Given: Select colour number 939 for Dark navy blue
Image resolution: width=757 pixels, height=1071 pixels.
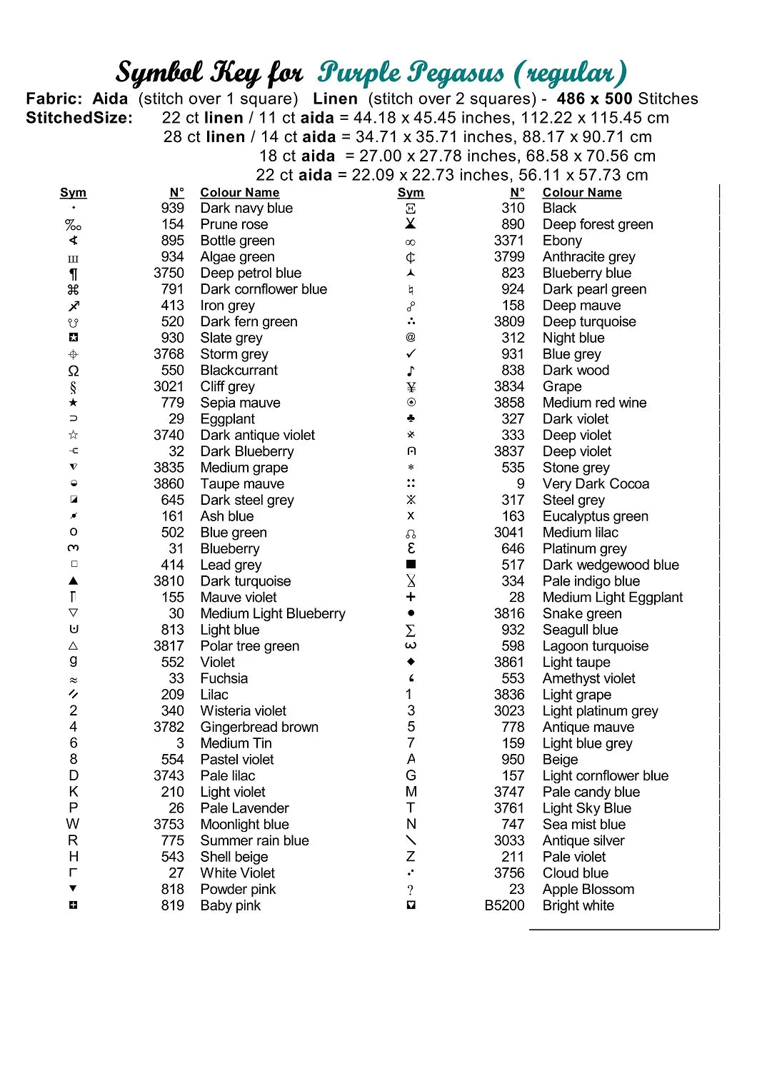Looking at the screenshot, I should [x=172, y=208].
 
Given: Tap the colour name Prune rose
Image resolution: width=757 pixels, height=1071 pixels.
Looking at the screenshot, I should [x=234, y=224].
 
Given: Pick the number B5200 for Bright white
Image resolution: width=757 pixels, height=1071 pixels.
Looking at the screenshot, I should [x=504, y=905].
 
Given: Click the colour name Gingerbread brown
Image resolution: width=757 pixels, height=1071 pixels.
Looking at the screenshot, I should [x=259, y=727].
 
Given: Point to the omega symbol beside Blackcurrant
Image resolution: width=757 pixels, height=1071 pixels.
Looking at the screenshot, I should [x=74, y=371].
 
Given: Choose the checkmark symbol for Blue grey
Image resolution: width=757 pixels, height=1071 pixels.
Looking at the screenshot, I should [x=411, y=354].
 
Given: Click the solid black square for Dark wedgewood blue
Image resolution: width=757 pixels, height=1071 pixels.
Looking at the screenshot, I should [x=411, y=565].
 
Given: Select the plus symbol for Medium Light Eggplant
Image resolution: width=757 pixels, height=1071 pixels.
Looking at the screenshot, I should [x=411, y=597].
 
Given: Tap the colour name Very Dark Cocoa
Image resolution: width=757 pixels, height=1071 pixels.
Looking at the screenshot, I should [x=596, y=484].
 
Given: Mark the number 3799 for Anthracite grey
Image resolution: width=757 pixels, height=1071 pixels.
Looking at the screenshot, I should [x=509, y=257].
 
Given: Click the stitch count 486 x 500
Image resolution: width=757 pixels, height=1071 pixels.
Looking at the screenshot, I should [x=595, y=99].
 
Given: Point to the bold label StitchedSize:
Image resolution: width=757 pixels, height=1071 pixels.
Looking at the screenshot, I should [x=79, y=119].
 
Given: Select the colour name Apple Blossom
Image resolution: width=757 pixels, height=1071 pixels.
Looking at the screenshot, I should [x=588, y=890].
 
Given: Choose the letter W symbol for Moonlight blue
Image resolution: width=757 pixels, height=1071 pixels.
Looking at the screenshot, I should [x=73, y=824].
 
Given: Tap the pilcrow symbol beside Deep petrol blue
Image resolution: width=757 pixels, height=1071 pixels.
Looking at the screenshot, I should [x=74, y=273].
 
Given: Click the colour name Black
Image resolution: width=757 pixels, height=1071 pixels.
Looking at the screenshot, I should [x=559, y=208].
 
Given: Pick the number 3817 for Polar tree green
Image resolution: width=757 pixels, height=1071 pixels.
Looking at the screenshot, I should [x=169, y=646].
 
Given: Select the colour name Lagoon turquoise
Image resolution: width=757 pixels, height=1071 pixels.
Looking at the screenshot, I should [x=596, y=646].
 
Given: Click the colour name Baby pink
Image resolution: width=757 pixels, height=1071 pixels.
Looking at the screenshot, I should [x=230, y=905].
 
